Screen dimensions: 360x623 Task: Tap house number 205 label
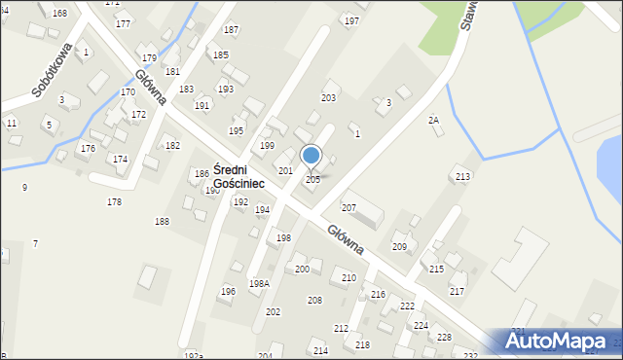click(312, 180)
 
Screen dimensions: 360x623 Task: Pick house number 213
click(462, 176)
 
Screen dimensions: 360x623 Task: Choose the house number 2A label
click(434, 120)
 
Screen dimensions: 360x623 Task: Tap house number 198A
click(258, 284)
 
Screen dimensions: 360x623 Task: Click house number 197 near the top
click(351, 20)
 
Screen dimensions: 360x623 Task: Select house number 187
click(231, 30)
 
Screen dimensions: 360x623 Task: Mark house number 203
click(328, 98)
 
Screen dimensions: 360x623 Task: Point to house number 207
click(348, 208)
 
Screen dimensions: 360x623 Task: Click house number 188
click(162, 222)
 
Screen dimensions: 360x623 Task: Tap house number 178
click(115, 201)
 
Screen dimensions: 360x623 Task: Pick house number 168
click(60, 13)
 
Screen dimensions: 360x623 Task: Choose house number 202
click(273, 311)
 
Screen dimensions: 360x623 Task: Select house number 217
click(457, 292)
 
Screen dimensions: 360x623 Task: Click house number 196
click(228, 291)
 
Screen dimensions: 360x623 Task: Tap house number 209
click(399, 247)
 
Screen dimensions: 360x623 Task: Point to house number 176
click(88, 148)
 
